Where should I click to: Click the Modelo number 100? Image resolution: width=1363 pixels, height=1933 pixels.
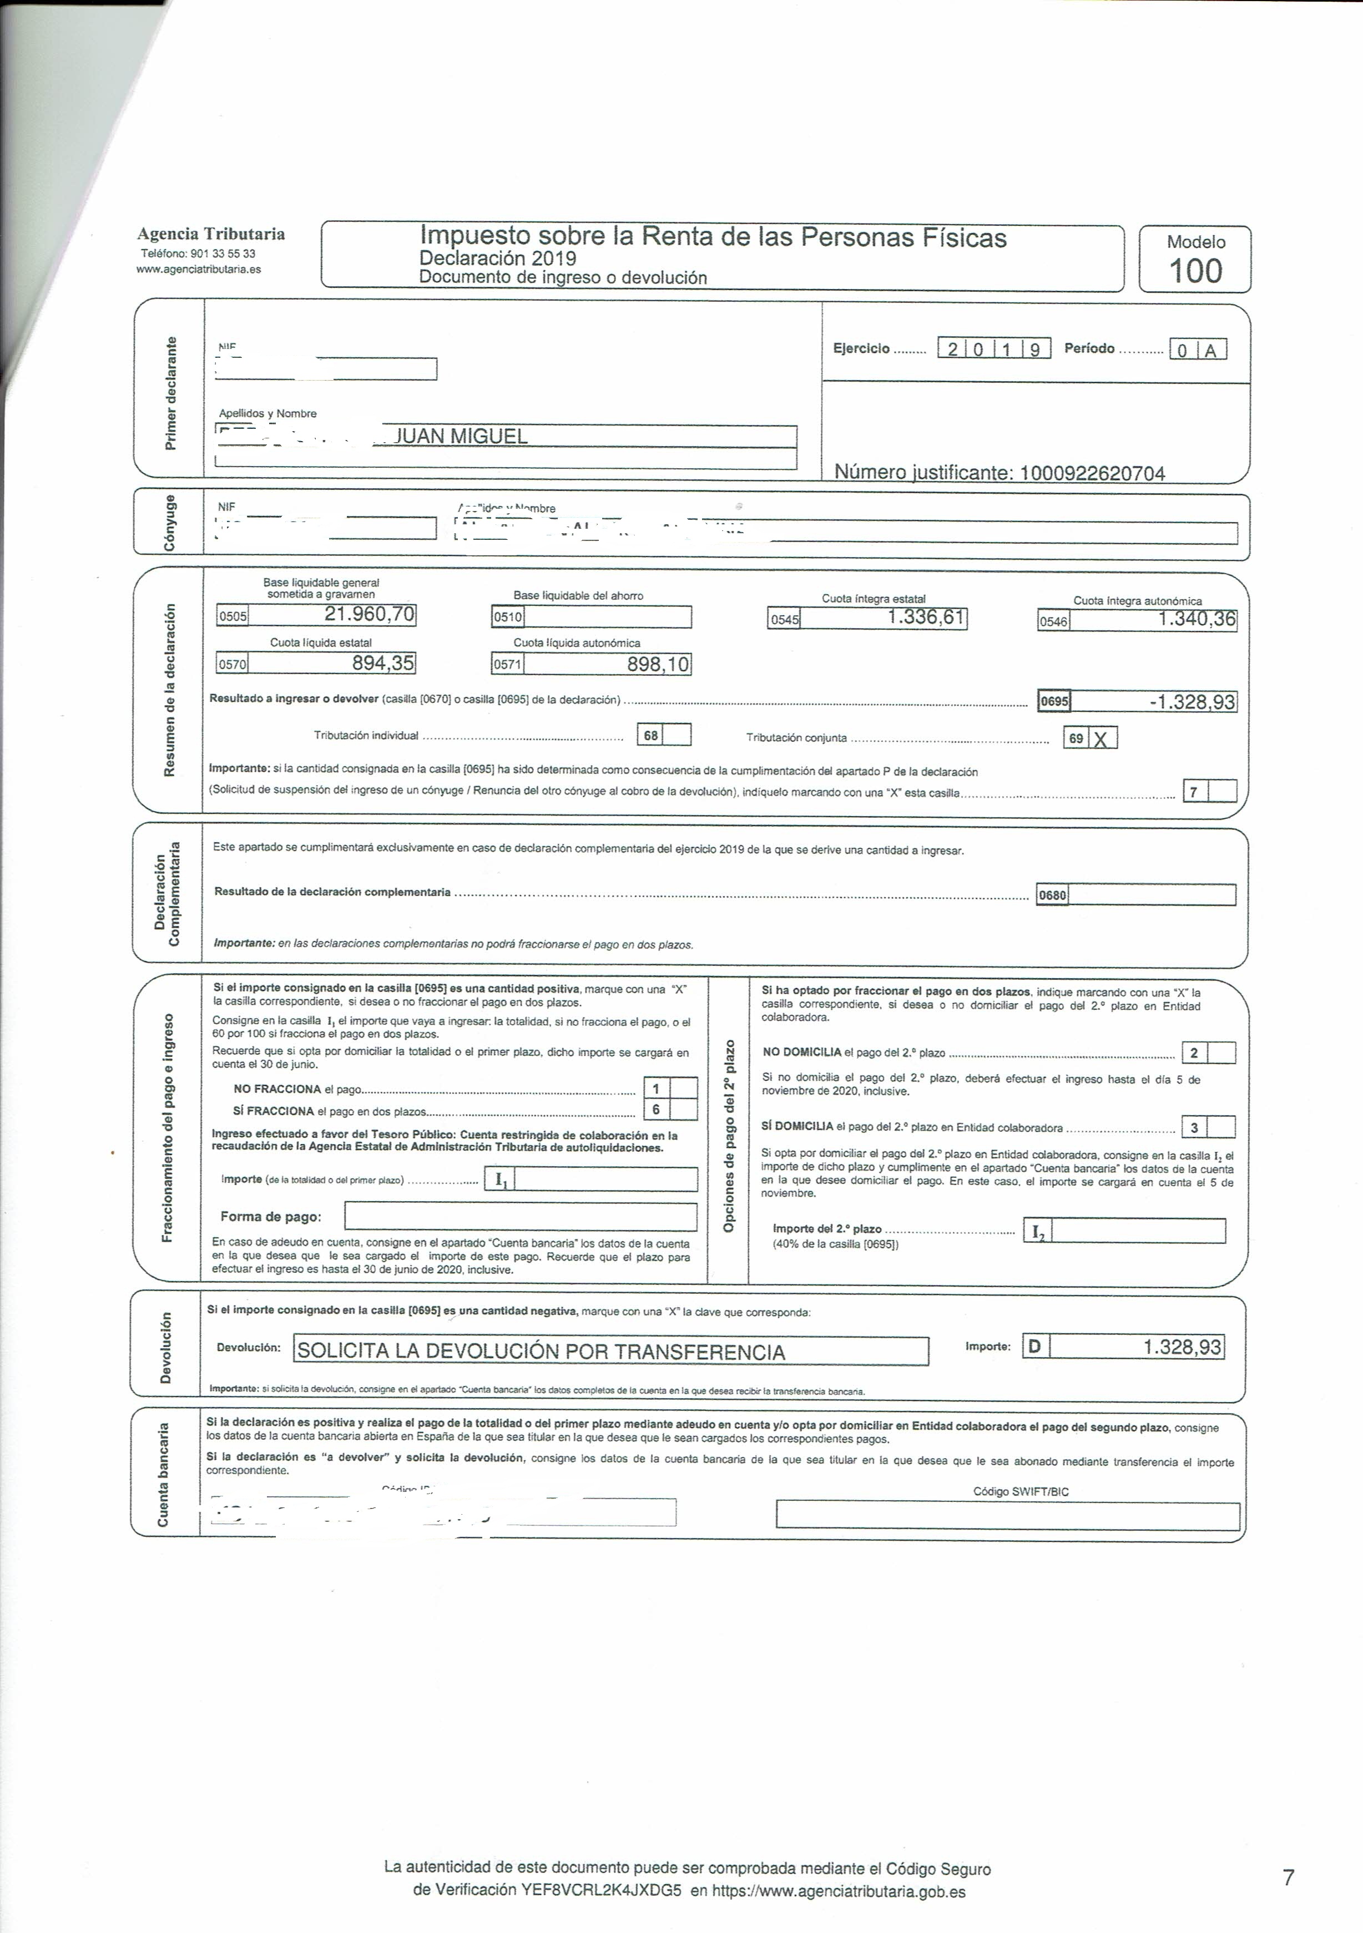tap(1195, 271)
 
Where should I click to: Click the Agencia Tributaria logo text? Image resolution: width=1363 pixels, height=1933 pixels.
tap(211, 234)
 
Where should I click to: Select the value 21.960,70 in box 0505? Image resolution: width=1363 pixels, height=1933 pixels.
tap(370, 615)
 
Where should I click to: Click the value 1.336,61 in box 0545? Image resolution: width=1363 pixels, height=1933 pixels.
tap(925, 618)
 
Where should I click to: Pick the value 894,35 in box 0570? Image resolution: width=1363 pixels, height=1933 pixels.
tap(383, 664)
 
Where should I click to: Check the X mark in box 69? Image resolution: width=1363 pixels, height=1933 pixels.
tap(1101, 739)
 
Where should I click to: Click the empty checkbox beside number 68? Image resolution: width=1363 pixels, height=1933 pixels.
tap(678, 735)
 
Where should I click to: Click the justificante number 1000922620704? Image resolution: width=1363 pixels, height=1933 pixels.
tap(1092, 473)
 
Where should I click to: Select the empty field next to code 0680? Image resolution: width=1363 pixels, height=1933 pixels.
tap(1151, 895)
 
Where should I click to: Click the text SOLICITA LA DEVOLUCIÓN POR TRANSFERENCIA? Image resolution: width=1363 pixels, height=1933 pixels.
tap(541, 1351)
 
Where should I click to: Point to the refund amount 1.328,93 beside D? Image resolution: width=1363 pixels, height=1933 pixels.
tap(1181, 1347)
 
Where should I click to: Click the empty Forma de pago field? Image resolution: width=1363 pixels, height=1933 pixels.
tap(520, 1217)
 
